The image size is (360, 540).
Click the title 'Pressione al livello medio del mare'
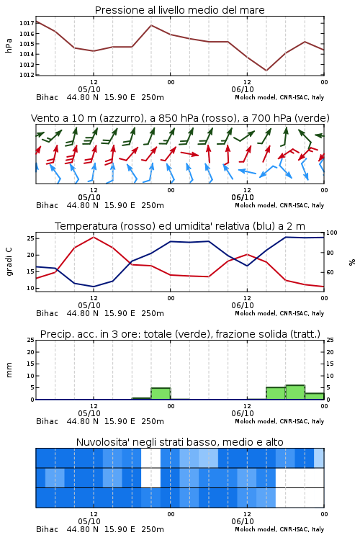pyautogui.click(x=179, y=10)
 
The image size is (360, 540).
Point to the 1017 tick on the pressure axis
pyautogui.click(x=27, y=23)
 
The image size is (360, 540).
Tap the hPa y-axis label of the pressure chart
pyautogui.click(x=9, y=46)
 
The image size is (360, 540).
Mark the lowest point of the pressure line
pyautogui.click(x=266, y=71)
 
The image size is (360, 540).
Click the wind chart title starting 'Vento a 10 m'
pyautogui.click(x=180, y=118)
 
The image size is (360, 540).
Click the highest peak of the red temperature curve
pyautogui.click(x=94, y=237)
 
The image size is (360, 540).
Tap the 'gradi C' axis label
pyautogui.click(x=9, y=262)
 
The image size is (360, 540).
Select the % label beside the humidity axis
pyautogui.click(x=352, y=262)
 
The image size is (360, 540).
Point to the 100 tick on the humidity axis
pyautogui.click(x=332, y=233)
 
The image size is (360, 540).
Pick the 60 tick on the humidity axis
pyautogui.click(x=330, y=272)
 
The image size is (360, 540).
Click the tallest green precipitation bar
pyautogui.click(x=295, y=392)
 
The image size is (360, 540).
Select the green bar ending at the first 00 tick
pyautogui.click(x=161, y=394)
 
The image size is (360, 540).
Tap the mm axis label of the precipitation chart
pyautogui.click(x=9, y=370)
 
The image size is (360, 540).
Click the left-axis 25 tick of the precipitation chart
pyautogui.click(x=31, y=340)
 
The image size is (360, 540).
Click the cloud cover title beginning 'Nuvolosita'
pyautogui.click(x=179, y=442)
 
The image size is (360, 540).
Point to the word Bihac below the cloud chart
pyautogui.click(x=48, y=529)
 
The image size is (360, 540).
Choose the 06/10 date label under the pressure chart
pyautogui.click(x=243, y=89)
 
